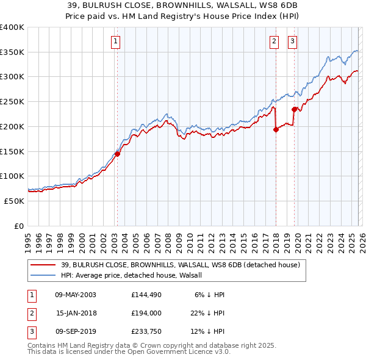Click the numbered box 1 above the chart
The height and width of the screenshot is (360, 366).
pos(116,41)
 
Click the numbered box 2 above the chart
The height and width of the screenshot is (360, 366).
pos(274,41)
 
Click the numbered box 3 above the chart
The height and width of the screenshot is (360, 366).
pos(292,41)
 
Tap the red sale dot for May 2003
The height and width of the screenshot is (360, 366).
pos(117,154)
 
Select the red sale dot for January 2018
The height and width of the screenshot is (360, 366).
pos(276,129)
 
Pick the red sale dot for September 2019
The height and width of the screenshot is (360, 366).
pos(294,110)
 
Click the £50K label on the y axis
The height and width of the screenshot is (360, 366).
pos(15,200)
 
